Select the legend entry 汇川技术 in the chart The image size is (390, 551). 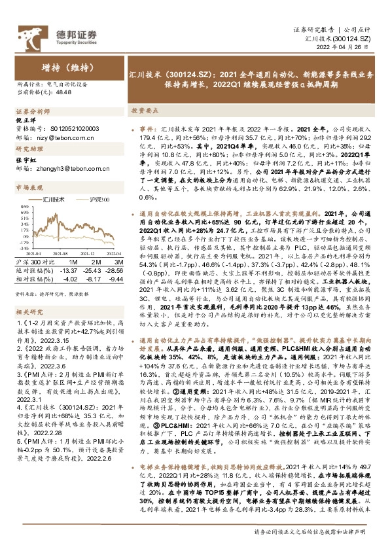tap(53, 198)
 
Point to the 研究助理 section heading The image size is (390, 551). tap(26, 149)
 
